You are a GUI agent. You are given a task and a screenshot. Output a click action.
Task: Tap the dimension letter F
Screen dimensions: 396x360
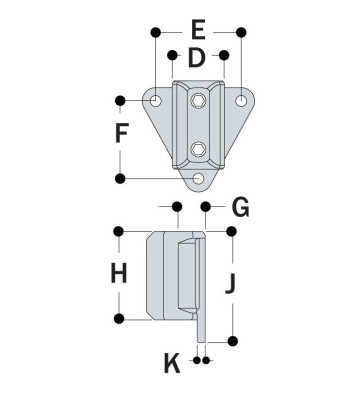[x=122, y=134]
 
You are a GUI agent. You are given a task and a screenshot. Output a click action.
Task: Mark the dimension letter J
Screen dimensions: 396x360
[x=231, y=284]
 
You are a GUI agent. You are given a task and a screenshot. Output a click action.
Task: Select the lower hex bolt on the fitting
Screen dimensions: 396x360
[x=199, y=150]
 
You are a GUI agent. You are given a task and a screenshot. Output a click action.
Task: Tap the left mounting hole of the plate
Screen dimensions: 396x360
[x=157, y=102]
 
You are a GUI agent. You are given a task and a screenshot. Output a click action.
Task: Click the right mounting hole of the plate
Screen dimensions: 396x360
[x=241, y=102]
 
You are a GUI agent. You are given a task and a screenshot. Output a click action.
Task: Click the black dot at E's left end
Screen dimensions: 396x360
[x=156, y=33]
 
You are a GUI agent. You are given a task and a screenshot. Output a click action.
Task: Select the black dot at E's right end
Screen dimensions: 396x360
[x=241, y=33]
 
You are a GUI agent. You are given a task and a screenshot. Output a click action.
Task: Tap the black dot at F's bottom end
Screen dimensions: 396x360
[x=121, y=178]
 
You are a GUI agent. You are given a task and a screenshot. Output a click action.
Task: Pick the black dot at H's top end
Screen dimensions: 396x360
[x=121, y=231]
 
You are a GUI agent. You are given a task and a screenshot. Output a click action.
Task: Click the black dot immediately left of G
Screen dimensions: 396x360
[x=205, y=207]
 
